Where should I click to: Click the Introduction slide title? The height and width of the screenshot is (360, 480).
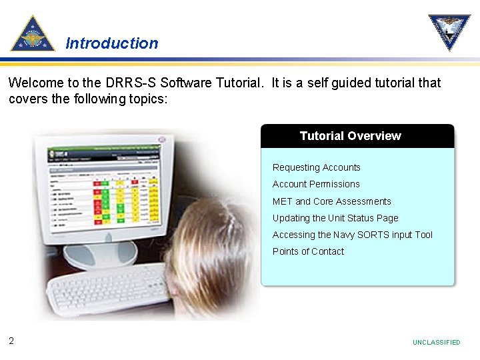tap(112, 43)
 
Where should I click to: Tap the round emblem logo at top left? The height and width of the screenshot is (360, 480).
tap(33, 34)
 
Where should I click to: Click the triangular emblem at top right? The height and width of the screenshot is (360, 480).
tap(449, 32)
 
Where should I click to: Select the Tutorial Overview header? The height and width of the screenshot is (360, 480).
tap(350, 136)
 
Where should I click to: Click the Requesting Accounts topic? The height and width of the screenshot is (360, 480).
tap(316, 167)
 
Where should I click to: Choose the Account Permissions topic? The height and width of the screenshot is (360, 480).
tap(316, 184)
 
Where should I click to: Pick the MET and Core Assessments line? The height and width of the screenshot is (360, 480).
tap(331, 201)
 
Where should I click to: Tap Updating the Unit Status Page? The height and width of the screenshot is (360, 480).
tap(335, 218)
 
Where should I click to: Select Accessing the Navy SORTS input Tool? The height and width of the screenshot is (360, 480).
tap(352, 235)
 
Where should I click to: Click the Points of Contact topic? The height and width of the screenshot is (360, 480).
tap(308, 251)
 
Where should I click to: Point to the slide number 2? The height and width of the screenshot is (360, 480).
tap(11, 341)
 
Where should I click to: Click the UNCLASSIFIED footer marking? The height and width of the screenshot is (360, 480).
tap(436, 342)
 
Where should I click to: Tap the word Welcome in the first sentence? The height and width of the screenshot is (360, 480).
tap(34, 83)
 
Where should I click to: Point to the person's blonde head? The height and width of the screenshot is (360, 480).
tap(213, 253)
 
